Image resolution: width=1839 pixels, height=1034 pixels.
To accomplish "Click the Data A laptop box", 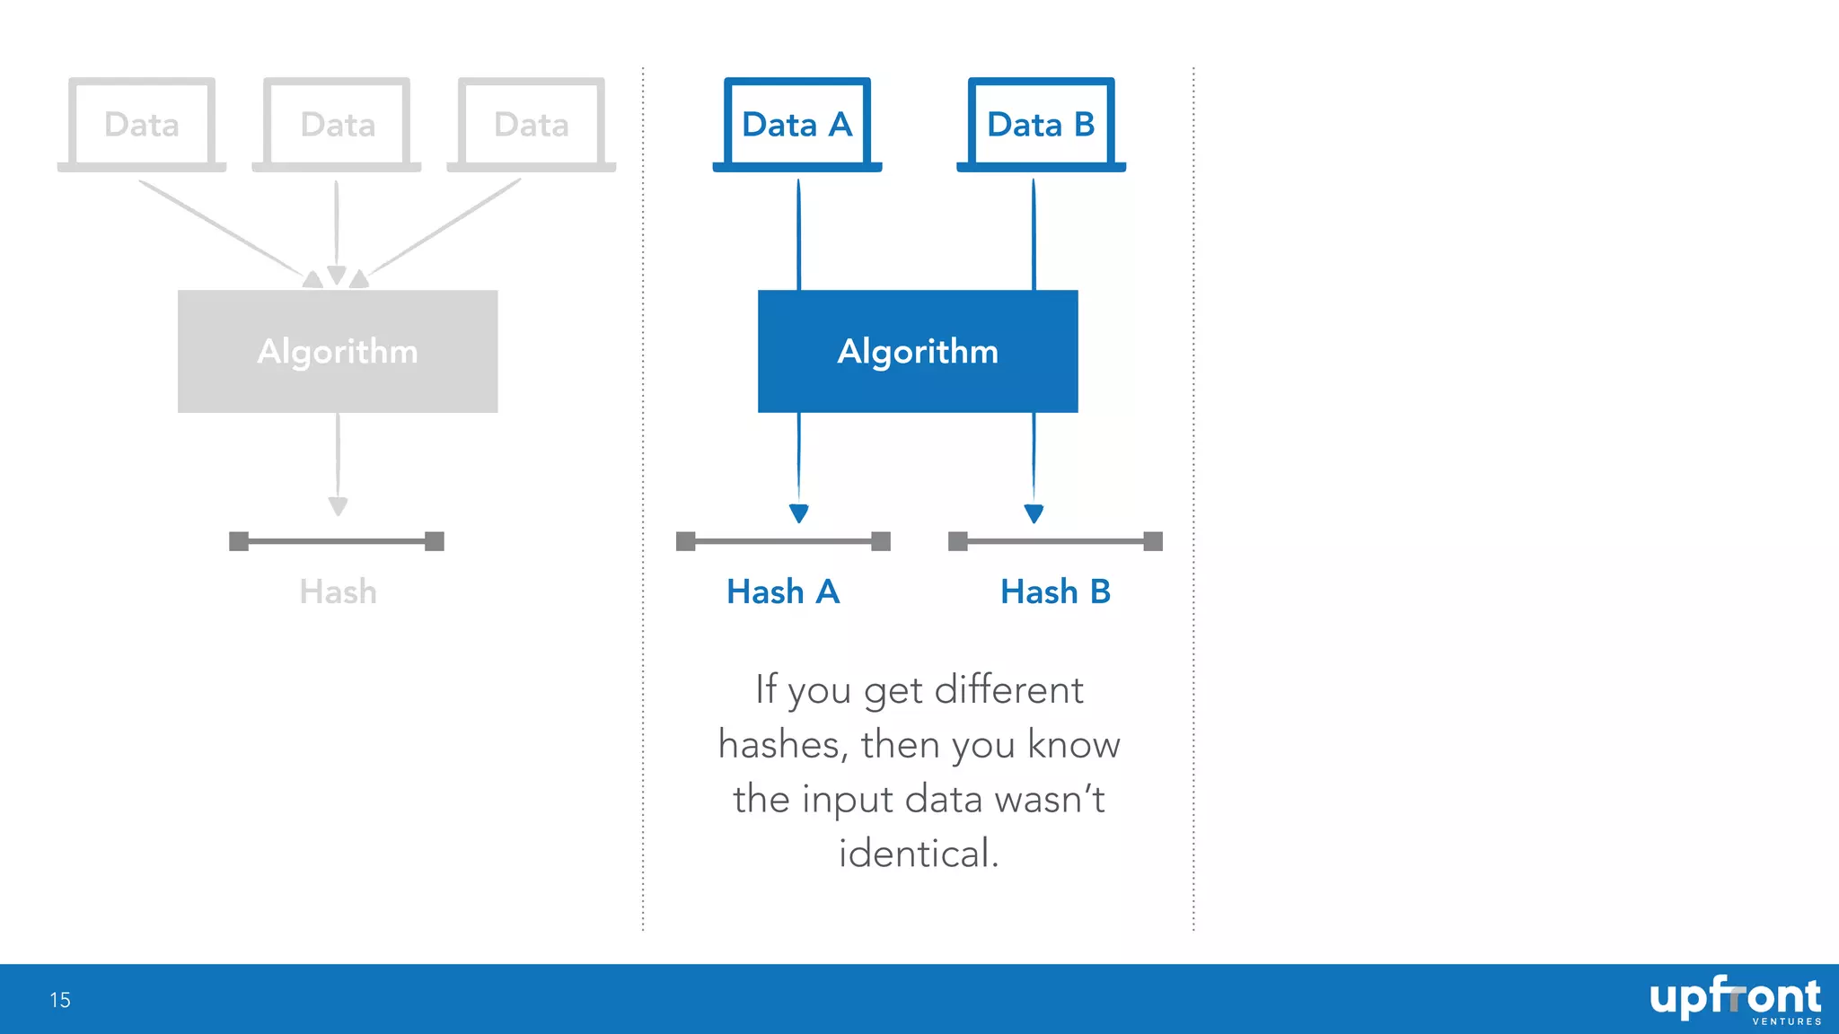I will (x=797, y=124).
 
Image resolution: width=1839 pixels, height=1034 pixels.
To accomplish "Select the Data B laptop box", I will (x=1041, y=124).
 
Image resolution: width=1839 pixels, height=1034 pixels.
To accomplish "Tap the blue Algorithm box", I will (x=918, y=351).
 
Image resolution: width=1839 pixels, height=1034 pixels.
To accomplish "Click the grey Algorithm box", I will (x=338, y=351).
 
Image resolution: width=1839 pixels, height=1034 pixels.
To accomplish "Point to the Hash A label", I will (x=783, y=592).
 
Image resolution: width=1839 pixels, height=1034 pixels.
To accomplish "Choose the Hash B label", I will (x=1055, y=592).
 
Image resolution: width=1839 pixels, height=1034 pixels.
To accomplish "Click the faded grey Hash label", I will (x=338, y=592).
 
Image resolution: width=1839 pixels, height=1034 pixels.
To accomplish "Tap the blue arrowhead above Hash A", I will (x=798, y=513).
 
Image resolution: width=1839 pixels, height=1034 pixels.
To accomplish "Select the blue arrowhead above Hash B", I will (x=1034, y=513).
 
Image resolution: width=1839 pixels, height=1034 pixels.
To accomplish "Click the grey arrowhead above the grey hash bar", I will (x=338, y=506).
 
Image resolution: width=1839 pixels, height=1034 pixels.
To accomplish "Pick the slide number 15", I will (x=60, y=1000).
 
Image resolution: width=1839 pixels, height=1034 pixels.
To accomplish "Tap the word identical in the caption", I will (x=918, y=854).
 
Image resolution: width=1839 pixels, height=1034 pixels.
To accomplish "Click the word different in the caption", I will (x=1008, y=690).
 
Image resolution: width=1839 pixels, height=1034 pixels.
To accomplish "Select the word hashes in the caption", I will (x=779, y=745).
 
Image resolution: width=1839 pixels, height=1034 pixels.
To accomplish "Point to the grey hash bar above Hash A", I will (x=783, y=541).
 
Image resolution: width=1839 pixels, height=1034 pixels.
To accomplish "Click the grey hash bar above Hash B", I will (x=1055, y=541).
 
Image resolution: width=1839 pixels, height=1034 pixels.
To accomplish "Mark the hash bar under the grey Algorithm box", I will (x=337, y=541).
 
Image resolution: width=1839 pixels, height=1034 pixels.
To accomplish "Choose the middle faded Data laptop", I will (x=337, y=124).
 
